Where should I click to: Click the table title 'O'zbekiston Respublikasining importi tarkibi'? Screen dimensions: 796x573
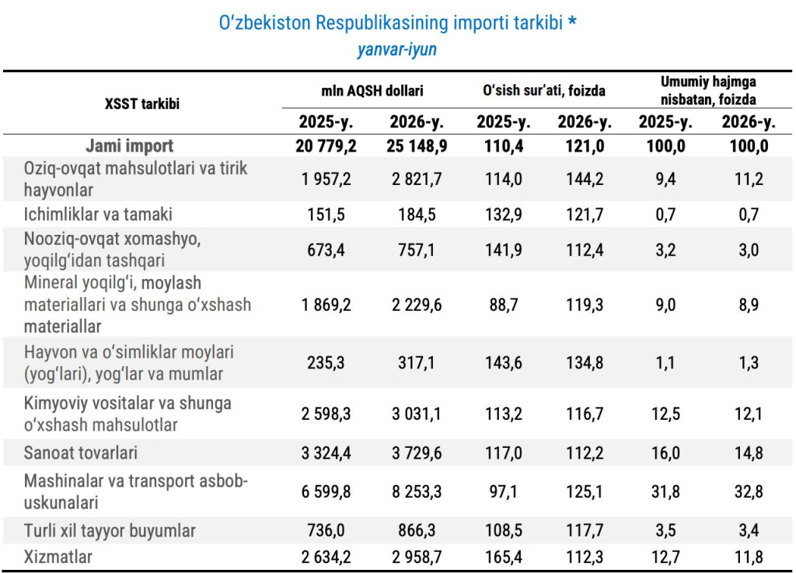(x=391, y=23)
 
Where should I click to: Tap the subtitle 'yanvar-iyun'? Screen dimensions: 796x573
(x=397, y=50)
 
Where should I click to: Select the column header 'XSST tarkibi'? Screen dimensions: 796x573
(x=142, y=103)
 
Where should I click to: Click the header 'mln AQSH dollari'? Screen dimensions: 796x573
(x=372, y=90)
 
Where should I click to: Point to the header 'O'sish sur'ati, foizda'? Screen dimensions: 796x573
(x=543, y=90)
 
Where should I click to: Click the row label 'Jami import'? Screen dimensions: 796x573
(x=130, y=145)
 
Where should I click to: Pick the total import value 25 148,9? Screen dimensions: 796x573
(x=417, y=146)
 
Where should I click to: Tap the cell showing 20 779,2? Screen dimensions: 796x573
(x=326, y=146)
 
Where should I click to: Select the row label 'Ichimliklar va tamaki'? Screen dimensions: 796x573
(x=98, y=214)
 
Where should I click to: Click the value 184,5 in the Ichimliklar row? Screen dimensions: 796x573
(x=417, y=215)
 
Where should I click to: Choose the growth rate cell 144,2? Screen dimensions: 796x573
(x=585, y=179)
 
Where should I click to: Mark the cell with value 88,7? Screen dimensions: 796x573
(x=504, y=305)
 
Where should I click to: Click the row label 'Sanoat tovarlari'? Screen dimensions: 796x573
(x=81, y=452)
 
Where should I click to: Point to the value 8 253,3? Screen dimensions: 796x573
(x=417, y=491)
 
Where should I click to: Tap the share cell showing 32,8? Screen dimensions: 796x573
(x=749, y=491)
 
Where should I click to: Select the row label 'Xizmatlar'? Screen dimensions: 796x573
(x=58, y=557)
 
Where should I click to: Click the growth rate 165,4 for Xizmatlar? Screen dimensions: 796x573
(x=504, y=557)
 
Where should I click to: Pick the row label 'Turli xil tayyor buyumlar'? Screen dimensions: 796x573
(x=110, y=530)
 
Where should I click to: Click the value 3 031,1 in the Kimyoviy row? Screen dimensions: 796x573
(x=417, y=414)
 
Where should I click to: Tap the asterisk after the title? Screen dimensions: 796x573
(x=572, y=20)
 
